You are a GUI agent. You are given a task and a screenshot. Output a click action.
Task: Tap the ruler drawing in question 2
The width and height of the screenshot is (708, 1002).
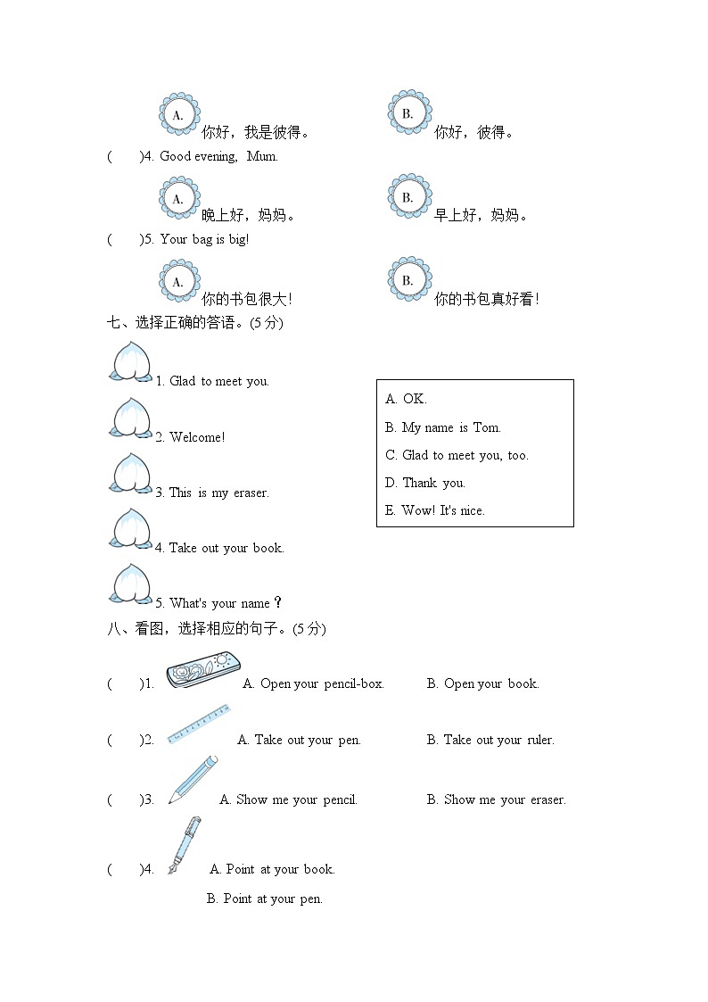198,724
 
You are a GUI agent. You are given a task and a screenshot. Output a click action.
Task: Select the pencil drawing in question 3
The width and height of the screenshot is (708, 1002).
193,779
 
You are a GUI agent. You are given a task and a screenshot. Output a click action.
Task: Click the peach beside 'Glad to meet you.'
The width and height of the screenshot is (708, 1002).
131,362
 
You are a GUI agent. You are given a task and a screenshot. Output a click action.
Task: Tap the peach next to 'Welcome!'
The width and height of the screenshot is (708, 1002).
131,418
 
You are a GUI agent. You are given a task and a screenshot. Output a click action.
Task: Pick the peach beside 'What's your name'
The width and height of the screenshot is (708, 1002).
131,584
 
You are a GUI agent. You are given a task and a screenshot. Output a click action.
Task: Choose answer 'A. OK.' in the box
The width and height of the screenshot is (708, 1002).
406,399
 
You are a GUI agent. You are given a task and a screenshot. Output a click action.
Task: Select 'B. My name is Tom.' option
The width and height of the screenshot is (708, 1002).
443,427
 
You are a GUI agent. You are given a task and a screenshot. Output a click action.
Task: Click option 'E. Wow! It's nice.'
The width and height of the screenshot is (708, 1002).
435,510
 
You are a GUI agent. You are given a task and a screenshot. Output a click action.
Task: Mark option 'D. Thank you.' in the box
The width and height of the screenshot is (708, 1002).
425,483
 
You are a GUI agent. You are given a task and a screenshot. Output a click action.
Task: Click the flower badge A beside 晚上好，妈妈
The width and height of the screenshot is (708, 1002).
178,198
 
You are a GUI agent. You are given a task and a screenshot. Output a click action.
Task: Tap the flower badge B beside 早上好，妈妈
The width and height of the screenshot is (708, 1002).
408,196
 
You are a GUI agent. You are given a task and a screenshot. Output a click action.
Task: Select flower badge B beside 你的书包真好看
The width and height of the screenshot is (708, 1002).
408,280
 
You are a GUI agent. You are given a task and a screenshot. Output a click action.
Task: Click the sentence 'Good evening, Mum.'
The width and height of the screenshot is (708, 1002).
218,156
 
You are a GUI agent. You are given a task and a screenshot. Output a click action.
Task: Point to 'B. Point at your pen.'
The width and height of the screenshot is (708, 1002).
265,898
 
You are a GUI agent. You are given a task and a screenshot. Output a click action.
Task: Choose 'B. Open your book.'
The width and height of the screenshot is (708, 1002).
482,683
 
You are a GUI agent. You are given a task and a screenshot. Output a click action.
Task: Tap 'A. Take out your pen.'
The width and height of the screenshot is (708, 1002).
299,740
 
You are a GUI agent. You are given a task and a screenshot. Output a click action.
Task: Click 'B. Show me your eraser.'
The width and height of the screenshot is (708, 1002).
496,799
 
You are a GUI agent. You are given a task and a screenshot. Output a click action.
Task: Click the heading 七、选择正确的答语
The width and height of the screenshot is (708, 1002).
194,323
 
